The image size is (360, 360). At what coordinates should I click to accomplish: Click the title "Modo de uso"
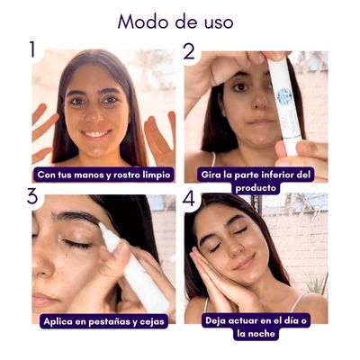point(175,22)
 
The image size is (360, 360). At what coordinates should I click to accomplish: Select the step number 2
point(188,50)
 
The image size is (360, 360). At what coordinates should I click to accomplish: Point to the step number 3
point(32,197)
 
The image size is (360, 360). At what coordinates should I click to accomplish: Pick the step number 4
point(189,197)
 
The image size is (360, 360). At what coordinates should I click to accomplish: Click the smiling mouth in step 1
point(95,133)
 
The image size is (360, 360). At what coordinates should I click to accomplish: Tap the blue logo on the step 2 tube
point(284,94)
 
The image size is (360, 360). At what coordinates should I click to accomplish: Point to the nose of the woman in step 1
point(94,115)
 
